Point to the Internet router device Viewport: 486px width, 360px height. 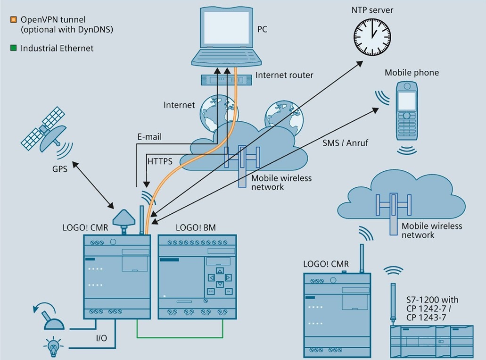(226, 80)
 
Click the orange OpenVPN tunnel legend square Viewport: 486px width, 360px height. (14, 20)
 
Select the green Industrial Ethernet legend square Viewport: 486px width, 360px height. (14, 48)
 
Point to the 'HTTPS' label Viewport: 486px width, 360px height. (160, 161)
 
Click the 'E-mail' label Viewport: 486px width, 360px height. (149, 137)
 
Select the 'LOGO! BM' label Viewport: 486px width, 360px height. (196, 227)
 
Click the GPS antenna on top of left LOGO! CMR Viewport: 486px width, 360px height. (124, 219)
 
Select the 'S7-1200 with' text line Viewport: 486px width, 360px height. (432, 300)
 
